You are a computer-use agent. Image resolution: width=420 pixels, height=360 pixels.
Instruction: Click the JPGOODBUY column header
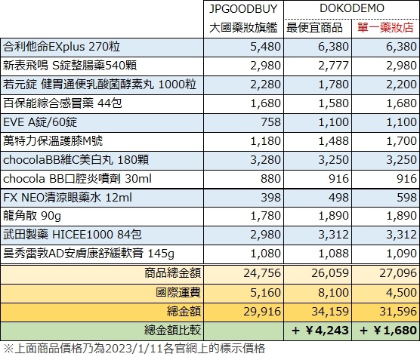243,9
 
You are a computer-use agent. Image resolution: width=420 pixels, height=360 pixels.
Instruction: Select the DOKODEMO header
352,8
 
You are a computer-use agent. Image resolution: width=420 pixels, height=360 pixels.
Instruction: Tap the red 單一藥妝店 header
385,28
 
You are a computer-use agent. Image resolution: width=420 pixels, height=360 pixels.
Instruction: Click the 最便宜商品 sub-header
314,28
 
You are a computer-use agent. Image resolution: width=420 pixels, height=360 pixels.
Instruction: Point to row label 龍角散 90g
32,216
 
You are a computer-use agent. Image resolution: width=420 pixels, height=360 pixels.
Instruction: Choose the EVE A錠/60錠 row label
40,122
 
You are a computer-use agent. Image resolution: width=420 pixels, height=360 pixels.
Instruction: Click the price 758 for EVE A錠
270,122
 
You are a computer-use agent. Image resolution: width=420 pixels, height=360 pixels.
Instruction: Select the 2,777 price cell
333,66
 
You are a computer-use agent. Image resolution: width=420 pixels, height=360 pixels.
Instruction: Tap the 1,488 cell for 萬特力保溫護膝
333,141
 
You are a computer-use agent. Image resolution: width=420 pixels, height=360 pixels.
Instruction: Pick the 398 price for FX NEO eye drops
270,198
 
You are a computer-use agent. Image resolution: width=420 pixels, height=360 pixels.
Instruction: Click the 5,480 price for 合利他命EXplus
265,47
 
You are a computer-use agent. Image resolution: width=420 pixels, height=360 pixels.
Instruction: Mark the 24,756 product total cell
262,273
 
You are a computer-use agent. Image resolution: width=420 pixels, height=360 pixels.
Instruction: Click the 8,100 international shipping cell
333,293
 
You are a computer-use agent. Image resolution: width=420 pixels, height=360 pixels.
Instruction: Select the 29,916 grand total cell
262,312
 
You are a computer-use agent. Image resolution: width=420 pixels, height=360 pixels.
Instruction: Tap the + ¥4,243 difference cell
320,331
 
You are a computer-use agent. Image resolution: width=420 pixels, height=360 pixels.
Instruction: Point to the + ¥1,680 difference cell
388,331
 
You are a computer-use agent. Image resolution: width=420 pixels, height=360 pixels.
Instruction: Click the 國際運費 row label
178,293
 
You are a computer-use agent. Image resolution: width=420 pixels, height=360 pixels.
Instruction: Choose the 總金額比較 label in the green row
172,331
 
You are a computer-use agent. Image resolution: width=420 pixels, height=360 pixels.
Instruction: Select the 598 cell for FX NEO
406,198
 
